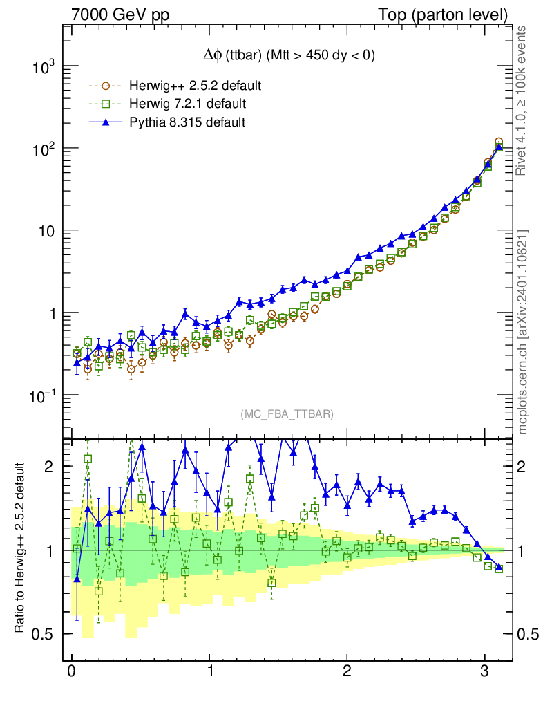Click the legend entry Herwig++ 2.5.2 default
(194, 86)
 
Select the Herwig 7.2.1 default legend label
(187, 104)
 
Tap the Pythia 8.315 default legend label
(187, 122)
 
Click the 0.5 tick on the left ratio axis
(45, 634)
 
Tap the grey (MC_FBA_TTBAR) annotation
(287, 414)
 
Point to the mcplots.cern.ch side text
(523, 332)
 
